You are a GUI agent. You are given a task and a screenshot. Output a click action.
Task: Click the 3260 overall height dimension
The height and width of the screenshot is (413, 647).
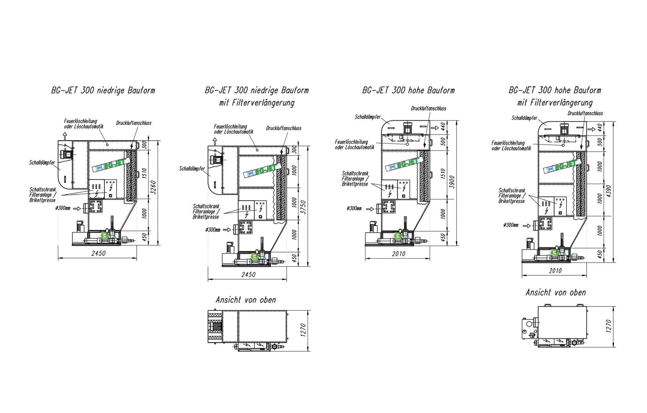pos(153,187)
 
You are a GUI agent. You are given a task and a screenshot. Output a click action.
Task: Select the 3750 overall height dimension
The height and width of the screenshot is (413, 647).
pos(303,207)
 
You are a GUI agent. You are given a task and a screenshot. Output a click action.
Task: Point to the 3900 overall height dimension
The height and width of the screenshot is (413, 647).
pos(452,182)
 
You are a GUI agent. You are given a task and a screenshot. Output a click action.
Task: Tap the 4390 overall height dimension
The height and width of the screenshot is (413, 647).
pos(609,192)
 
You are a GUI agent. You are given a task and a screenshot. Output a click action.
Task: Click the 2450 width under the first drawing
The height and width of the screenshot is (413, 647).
pos(98,253)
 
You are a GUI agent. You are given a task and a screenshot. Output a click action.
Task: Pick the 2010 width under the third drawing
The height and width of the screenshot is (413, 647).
pos(399,254)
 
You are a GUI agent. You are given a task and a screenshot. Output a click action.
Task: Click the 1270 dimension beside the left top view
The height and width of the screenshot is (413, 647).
pos(303,330)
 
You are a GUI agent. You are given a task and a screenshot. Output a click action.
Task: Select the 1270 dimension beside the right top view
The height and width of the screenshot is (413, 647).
pos(609,326)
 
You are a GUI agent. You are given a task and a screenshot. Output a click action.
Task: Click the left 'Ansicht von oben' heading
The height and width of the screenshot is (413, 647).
pos(246,300)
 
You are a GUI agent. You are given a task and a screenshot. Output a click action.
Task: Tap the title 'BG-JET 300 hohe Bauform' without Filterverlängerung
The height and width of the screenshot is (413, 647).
pos(408,90)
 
